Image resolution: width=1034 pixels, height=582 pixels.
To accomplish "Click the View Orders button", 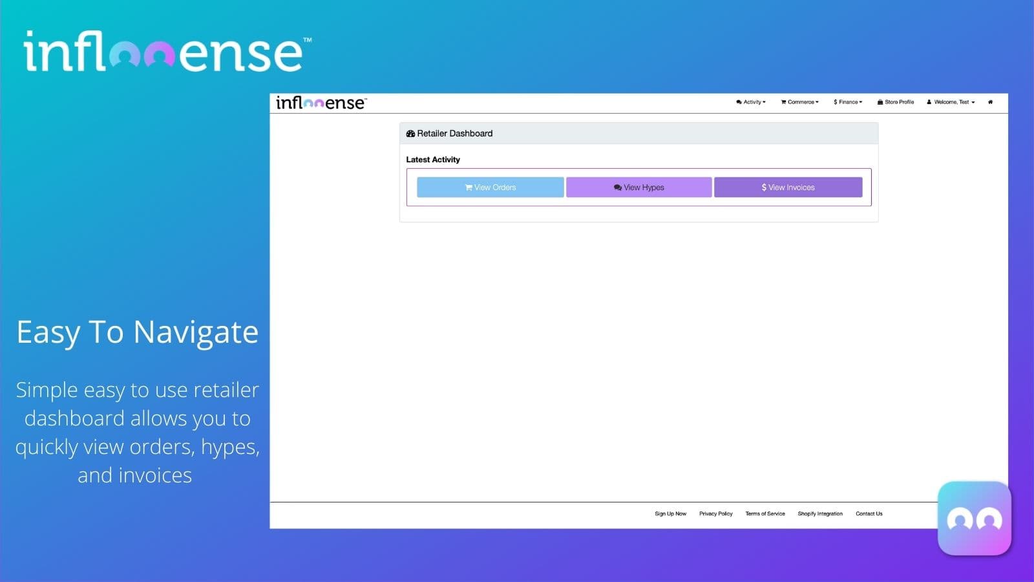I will coord(490,188).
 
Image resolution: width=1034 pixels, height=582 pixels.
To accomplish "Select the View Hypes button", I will coord(638,188).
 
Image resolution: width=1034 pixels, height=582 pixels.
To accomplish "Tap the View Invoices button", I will coord(788,188).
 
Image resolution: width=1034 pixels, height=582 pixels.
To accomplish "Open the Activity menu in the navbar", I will coord(751,102).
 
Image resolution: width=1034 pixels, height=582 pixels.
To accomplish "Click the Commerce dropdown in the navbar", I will coord(800,102).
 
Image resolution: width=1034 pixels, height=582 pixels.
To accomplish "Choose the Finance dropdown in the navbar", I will coord(848,102).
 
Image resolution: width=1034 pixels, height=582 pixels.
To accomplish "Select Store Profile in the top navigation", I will coord(896,102).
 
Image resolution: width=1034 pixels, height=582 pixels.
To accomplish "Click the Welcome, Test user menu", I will coord(951,102).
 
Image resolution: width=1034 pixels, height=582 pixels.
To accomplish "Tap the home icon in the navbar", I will coord(990,102).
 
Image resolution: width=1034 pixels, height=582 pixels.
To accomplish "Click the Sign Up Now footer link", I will coord(670,514).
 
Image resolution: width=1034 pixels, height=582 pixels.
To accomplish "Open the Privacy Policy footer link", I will coord(715,514).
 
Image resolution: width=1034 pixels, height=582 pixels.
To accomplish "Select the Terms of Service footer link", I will coord(765,514).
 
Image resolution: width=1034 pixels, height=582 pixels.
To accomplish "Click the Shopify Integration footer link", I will coord(820,514).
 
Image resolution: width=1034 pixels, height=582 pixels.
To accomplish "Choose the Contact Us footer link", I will coord(869,514).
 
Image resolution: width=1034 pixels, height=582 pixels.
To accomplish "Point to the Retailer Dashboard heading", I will coord(454,134).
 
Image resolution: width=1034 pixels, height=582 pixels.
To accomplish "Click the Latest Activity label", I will coord(433,160).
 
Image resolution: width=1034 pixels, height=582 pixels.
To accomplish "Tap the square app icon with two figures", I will coord(974,518).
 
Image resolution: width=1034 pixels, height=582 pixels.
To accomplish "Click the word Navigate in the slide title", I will coord(196,333).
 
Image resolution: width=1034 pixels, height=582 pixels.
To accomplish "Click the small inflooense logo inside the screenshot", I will coord(321,103).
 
